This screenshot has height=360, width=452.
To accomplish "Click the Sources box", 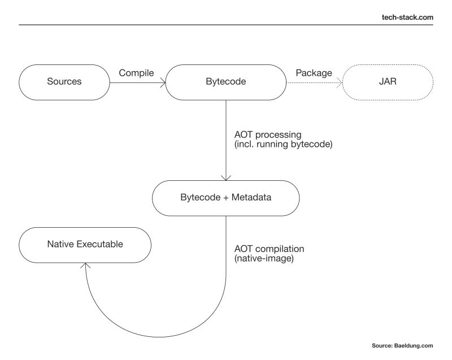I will (64, 81).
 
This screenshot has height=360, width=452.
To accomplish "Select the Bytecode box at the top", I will (226, 81).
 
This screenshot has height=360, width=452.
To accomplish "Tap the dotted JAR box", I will (388, 81).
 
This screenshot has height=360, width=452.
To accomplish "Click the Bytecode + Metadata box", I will (226, 198).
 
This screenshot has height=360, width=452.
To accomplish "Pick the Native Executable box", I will (85, 245).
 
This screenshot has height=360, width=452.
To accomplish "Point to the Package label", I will (314, 72).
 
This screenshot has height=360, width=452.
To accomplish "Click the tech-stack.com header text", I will (408, 17).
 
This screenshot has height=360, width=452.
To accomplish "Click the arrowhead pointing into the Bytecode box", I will (163, 82).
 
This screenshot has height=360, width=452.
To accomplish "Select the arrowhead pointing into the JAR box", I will (341, 82).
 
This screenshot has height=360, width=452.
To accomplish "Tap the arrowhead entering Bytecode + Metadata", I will (226, 177).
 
